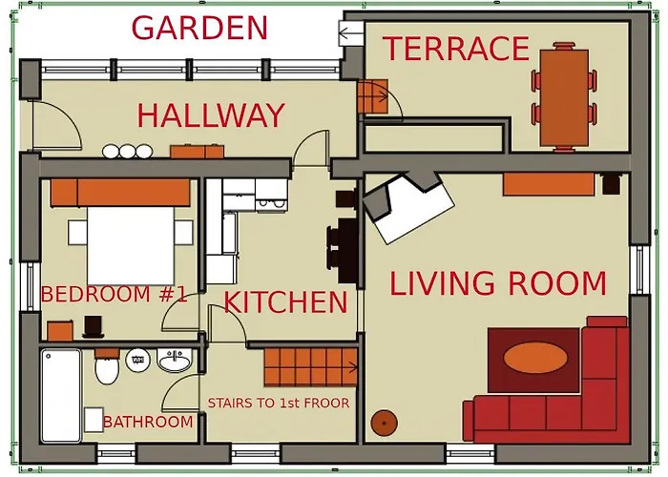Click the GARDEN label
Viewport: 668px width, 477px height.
199,28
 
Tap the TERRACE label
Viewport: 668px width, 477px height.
455,49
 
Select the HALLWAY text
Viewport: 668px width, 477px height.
210,115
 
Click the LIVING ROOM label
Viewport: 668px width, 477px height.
497,284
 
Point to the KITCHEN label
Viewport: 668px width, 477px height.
285,303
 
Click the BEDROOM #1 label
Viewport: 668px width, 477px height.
114,295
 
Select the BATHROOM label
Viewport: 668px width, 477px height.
147,422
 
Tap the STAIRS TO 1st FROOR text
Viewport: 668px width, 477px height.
278,404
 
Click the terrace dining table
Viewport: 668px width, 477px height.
564,96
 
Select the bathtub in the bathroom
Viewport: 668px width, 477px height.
61,395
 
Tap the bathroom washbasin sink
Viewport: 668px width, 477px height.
174,362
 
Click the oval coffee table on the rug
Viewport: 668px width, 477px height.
533,360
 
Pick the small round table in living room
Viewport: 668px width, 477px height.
384,422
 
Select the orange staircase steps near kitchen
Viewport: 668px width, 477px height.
309,365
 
